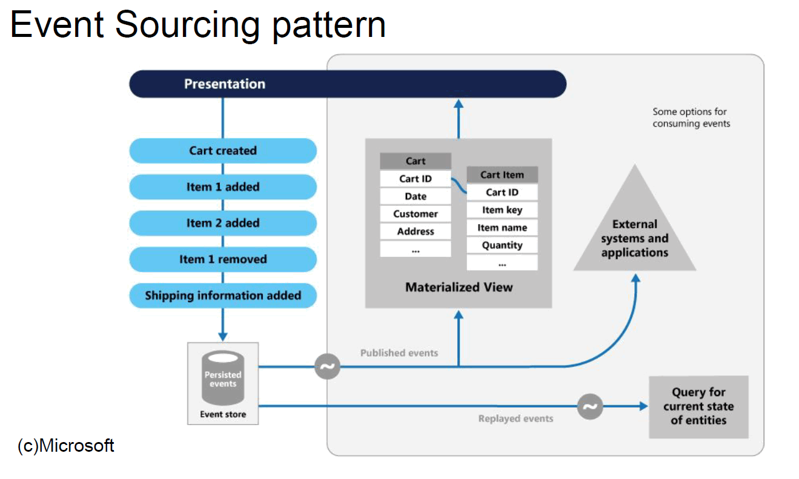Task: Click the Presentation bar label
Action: [225, 84]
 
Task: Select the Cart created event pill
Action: [223, 151]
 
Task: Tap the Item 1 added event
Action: [223, 187]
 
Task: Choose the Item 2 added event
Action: [223, 223]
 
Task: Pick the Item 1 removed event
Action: [223, 259]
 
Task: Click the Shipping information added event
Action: [223, 296]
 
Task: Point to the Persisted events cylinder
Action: [223, 378]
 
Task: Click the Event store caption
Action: [223, 415]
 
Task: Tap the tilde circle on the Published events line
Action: [328, 366]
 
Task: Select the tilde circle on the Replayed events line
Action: [590, 406]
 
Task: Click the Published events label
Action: [399, 352]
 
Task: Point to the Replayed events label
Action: [516, 418]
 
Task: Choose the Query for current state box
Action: [698, 406]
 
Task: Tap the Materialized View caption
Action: [459, 287]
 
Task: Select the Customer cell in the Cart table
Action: [416, 214]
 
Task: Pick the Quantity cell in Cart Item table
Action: [502, 245]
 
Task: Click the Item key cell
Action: [502, 210]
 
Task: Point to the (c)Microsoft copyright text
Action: [66, 446]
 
